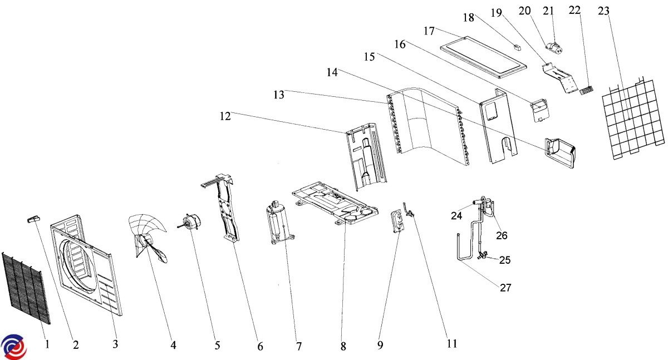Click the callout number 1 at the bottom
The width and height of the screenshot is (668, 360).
(x=47, y=344)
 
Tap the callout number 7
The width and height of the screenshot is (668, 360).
(x=299, y=346)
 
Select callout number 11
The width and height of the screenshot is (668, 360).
(x=452, y=344)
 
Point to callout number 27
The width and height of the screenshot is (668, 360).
(x=505, y=288)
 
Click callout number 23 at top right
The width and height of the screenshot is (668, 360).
(x=603, y=11)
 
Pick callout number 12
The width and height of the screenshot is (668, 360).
(x=225, y=116)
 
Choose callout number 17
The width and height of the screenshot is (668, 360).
(x=429, y=31)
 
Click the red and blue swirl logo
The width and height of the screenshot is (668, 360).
(x=14, y=347)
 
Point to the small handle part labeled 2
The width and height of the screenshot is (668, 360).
(x=34, y=219)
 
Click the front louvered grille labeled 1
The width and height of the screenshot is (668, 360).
(x=26, y=288)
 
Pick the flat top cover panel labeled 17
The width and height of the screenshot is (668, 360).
(x=483, y=57)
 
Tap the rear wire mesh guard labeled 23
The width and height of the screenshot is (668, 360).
(x=633, y=119)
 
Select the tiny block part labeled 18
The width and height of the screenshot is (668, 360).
(x=517, y=47)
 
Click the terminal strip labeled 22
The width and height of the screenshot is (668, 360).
(x=586, y=90)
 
